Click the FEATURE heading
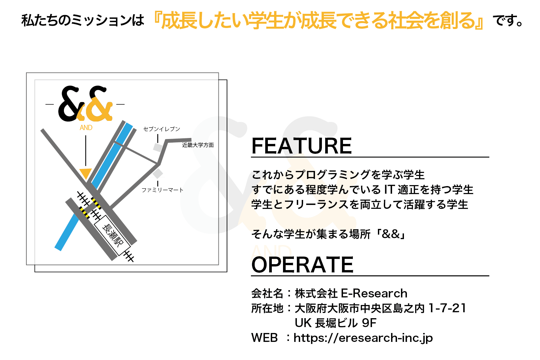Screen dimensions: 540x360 (301, 146)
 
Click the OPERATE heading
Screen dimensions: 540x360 (302, 264)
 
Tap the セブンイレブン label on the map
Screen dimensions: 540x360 (161, 129)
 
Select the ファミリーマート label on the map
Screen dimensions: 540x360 (162, 190)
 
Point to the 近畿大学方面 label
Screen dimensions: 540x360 (198, 145)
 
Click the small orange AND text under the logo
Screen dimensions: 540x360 (86, 128)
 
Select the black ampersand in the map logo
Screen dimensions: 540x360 (70, 104)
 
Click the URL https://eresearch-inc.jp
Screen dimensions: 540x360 (363, 338)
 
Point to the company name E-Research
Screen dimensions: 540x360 (374, 293)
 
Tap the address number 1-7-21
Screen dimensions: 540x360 (447, 308)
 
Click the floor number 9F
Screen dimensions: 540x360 (369, 323)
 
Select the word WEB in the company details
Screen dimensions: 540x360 (265, 338)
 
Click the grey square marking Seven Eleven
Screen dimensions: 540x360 (158, 148)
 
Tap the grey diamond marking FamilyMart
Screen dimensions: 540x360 (158, 174)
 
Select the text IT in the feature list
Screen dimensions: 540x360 (389, 189)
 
